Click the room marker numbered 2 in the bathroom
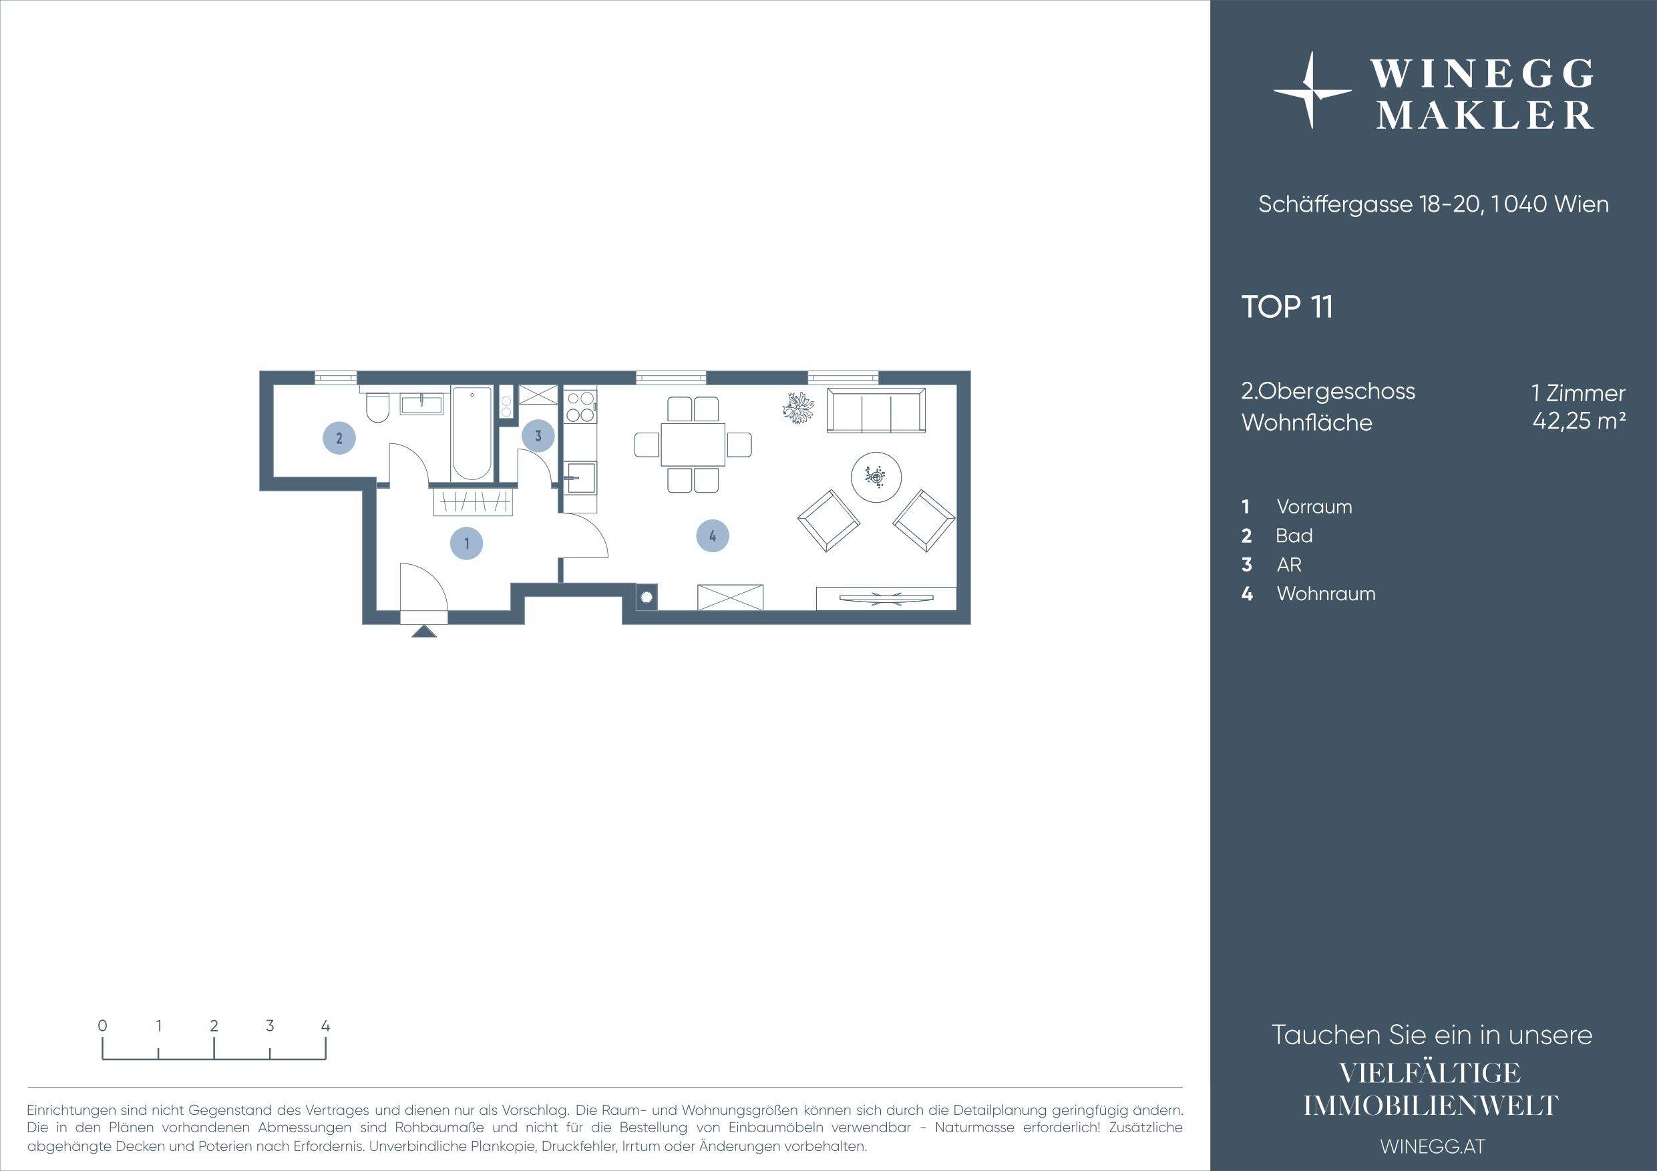[339, 437]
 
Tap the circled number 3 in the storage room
[538, 436]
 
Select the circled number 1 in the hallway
[466, 543]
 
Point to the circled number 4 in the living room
[713, 536]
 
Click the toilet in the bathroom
[377, 408]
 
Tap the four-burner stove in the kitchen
[581, 406]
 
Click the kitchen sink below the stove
[580, 477]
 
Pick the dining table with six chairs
[693, 445]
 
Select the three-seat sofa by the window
[876, 411]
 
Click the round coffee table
[876, 476]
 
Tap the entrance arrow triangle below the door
[423, 632]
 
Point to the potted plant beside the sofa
[798, 409]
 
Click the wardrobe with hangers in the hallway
[473, 501]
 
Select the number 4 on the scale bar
[325, 1025]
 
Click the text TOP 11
[1287, 306]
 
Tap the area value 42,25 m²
[1579, 420]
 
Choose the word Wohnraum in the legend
[1326, 594]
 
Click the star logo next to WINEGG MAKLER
[1312, 90]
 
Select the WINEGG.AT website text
[1433, 1146]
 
